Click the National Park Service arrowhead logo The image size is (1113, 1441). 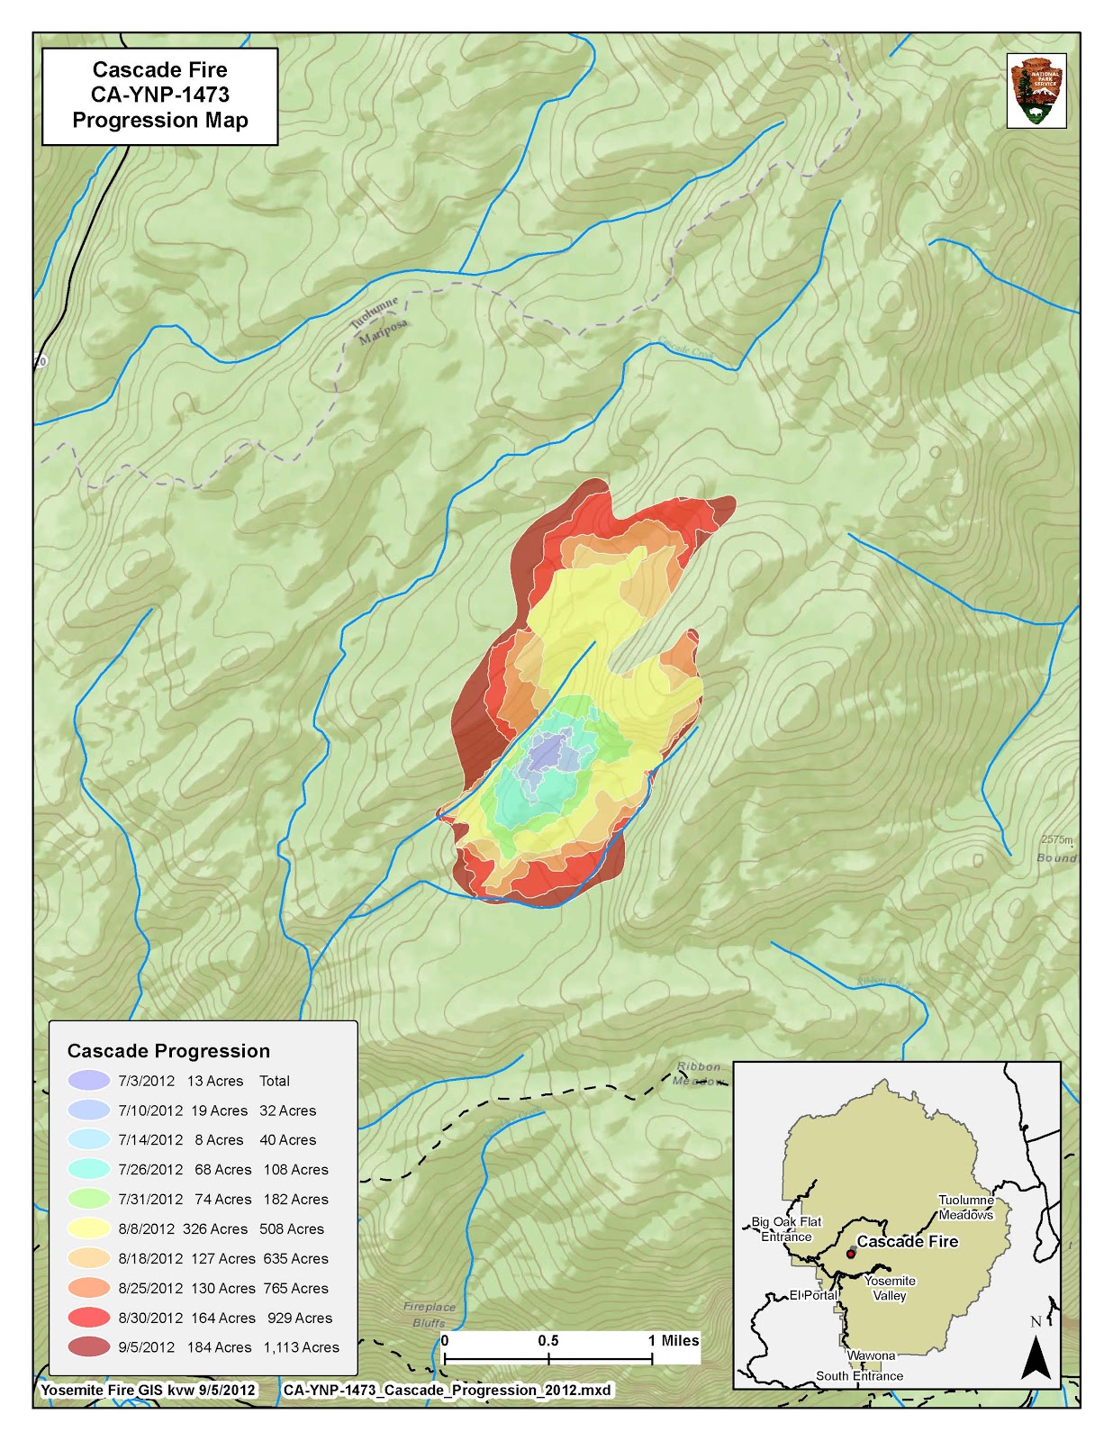click(1036, 91)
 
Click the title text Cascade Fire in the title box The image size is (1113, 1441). click(160, 70)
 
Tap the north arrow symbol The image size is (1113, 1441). click(1036, 1356)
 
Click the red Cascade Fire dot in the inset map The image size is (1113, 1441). click(850, 1254)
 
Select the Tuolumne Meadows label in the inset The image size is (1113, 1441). click(965, 1207)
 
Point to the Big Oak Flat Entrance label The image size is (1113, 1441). click(786, 1229)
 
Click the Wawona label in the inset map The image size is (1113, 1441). click(871, 1355)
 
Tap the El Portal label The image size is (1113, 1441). click(813, 1295)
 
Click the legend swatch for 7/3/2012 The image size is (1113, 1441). click(88, 1081)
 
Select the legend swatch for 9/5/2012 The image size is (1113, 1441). click(88, 1347)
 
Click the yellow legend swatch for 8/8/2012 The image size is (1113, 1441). click(88, 1228)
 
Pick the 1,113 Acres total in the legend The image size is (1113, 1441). click(301, 1347)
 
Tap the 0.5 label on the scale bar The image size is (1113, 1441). click(547, 1340)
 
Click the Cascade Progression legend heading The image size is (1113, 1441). click(168, 1051)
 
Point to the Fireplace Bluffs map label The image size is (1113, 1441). click(430, 1314)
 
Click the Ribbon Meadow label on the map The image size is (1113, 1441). click(699, 1074)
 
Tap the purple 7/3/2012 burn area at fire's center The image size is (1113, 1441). click(549, 752)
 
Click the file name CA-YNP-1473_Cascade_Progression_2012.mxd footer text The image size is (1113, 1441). click(447, 1390)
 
